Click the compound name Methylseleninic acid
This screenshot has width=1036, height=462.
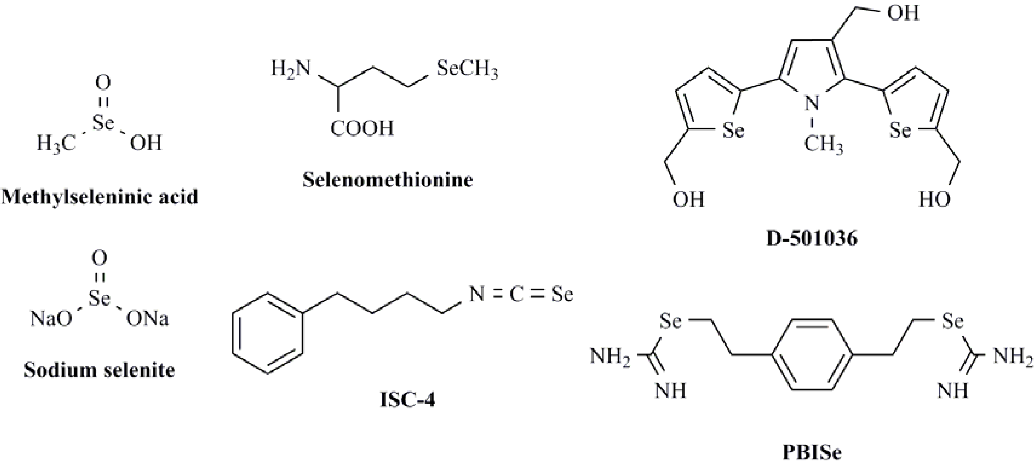tap(100, 197)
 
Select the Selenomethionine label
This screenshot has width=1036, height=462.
tap(388, 180)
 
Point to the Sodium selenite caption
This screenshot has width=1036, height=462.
tap(99, 370)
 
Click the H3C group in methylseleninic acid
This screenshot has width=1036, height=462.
tap(56, 143)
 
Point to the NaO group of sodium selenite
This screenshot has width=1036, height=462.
tap(51, 319)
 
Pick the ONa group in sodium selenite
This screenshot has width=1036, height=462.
tap(147, 319)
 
